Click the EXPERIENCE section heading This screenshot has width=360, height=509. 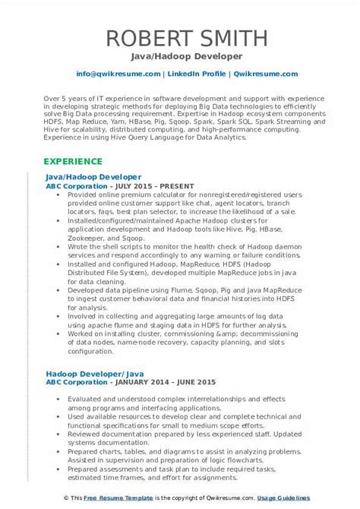(x=74, y=162)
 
